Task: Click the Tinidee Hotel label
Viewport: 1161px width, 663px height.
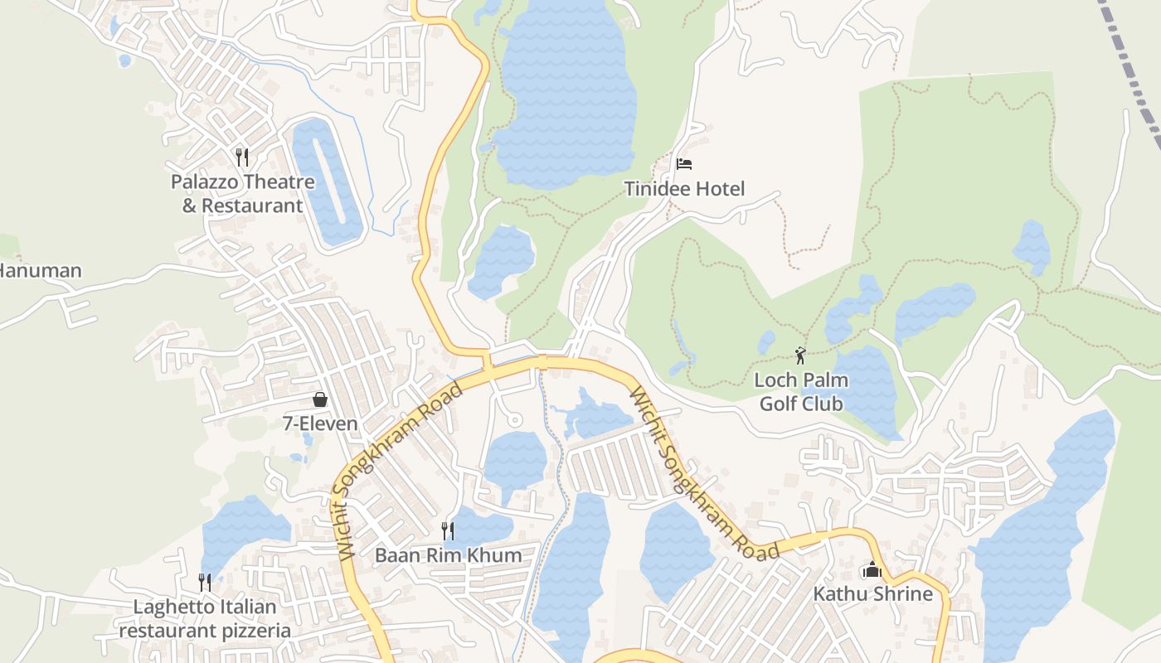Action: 684,189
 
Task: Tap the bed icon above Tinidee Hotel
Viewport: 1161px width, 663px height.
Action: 684,164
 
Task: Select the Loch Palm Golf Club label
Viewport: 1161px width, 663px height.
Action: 800,392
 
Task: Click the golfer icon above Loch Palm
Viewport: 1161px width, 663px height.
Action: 800,356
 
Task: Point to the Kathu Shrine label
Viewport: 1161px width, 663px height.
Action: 872,594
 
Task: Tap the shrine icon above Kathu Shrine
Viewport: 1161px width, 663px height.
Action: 872,570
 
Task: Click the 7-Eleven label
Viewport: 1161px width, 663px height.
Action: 320,424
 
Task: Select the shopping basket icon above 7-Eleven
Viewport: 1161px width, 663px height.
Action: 320,400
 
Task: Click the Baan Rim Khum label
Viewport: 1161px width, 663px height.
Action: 448,555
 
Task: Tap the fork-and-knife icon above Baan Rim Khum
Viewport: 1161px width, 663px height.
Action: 448,530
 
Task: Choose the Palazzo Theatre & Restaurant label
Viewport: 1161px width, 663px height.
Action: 242,193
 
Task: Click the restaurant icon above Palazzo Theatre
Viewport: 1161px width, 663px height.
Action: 241,157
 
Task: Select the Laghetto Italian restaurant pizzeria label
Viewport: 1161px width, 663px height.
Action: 205,618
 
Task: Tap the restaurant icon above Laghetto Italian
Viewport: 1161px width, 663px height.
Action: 205,583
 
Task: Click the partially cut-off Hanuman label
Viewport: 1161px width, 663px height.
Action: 41,271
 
